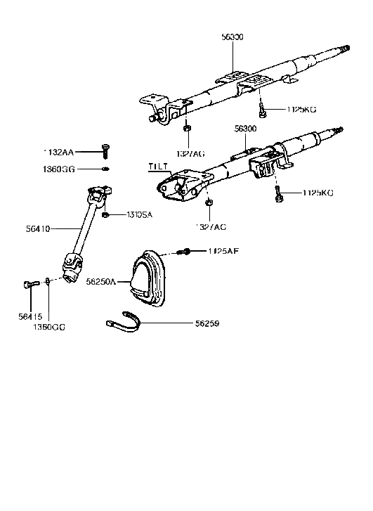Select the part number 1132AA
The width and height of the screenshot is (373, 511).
[57, 151]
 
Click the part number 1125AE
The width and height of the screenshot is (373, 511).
[223, 251]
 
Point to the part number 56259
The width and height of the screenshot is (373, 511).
[209, 324]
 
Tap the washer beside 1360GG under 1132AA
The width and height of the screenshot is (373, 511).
[104, 169]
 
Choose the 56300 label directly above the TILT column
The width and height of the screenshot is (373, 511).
[245, 129]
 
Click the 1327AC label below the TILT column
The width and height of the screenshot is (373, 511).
[211, 226]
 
